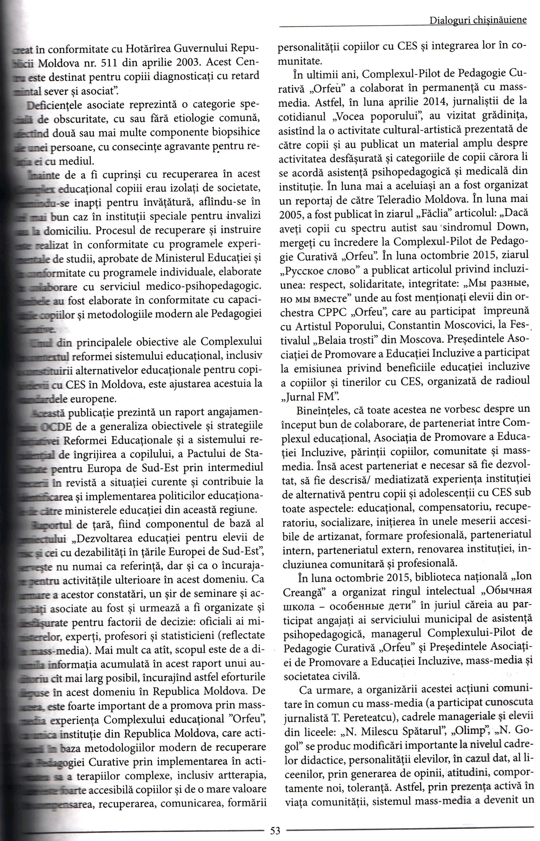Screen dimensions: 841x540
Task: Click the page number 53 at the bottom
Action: (275, 830)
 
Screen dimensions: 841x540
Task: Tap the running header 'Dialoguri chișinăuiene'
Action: (478, 20)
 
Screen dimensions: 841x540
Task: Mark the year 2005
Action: (291, 214)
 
